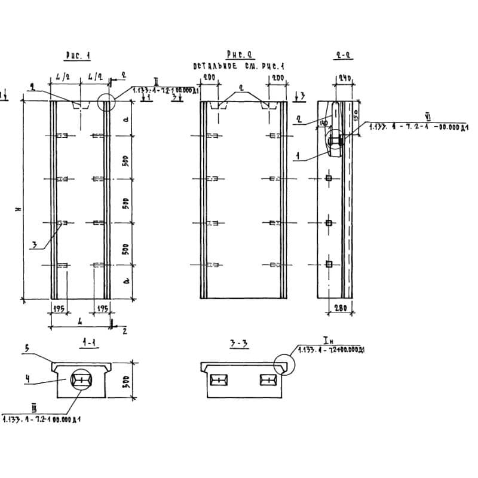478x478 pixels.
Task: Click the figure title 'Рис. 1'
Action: (78, 56)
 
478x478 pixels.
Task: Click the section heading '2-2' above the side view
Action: (343, 56)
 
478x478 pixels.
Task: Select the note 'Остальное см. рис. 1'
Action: (238, 66)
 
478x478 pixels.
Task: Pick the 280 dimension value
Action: (339, 308)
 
